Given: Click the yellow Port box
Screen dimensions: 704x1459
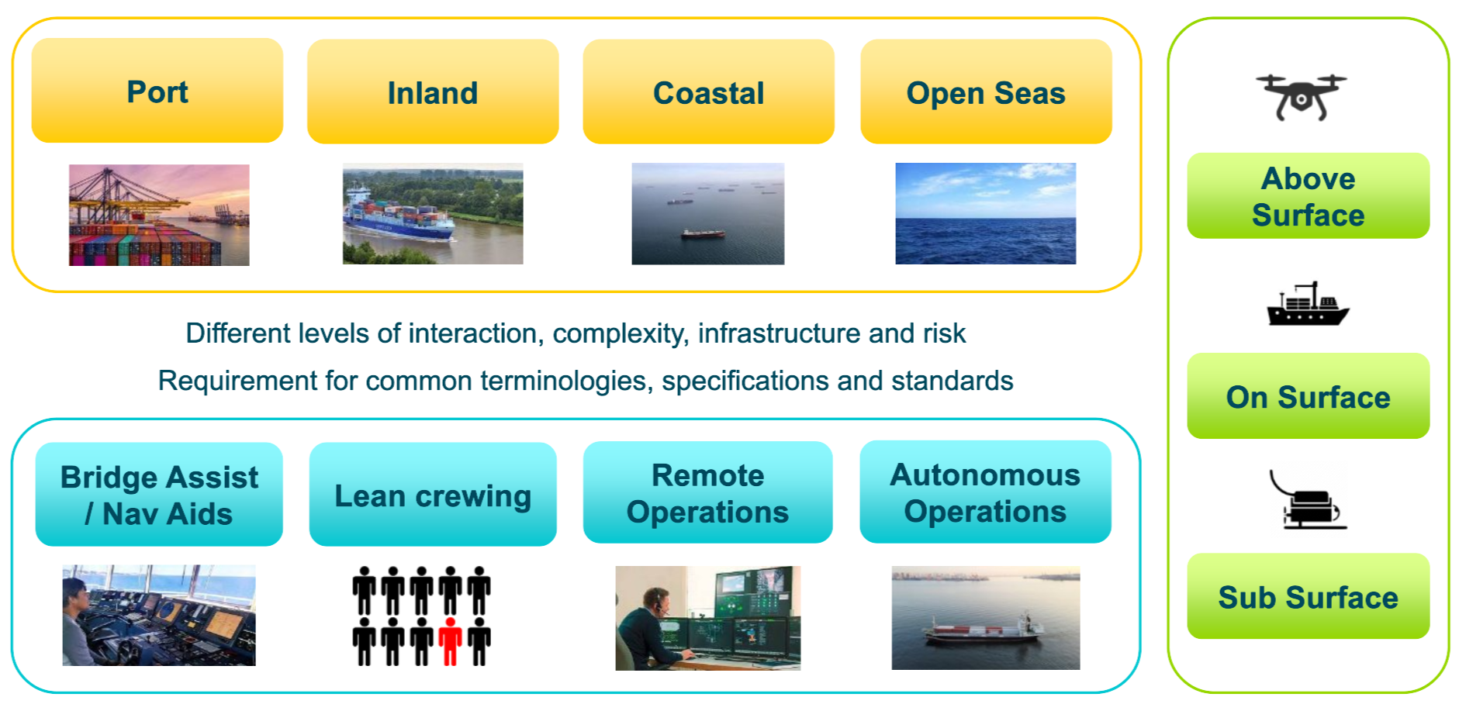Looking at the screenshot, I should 157,91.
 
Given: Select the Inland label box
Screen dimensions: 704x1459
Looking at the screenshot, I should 433,92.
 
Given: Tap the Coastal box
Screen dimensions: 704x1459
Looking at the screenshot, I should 708,92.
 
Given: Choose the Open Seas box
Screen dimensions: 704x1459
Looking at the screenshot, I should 986,92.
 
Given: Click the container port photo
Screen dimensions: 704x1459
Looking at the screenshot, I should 159,215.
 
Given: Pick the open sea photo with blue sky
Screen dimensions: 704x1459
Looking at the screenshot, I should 985,213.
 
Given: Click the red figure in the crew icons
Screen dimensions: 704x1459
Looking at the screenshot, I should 450,641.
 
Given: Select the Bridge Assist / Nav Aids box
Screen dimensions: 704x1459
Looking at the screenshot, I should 159,495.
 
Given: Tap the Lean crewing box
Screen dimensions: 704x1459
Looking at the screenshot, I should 433,495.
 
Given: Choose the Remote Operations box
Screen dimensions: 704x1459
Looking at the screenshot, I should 707,493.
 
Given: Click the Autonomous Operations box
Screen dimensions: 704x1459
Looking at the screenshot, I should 985,492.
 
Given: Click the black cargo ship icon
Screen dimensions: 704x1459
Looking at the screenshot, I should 1308,305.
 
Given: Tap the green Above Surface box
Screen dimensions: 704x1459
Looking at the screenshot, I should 1308,196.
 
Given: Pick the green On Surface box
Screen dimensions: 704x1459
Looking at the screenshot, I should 1308,396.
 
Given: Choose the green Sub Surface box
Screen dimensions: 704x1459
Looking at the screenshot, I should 1308,596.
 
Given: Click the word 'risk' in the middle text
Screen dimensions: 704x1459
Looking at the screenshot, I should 944,333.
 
